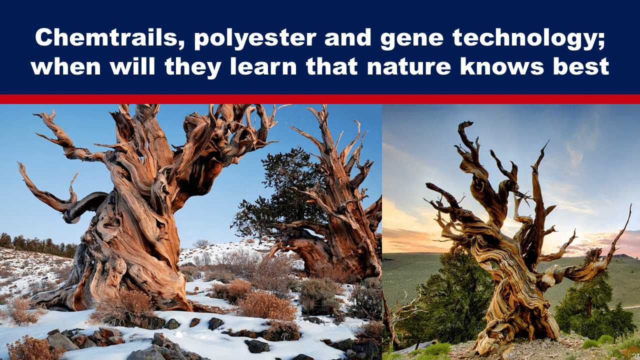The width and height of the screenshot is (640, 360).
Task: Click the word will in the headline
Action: pyautogui.click(x=133, y=66)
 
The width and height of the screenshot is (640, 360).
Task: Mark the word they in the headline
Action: pyautogui.click(x=193, y=68)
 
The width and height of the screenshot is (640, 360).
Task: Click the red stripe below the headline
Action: pyautogui.click(x=320, y=99)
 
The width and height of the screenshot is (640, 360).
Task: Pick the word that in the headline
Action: pyautogui.click(x=332, y=66)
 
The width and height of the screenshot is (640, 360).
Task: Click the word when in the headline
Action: pyautogui.click(x=66, y=66)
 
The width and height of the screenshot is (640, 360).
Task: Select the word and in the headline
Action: pyautogui.click(x=348, y=38)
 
